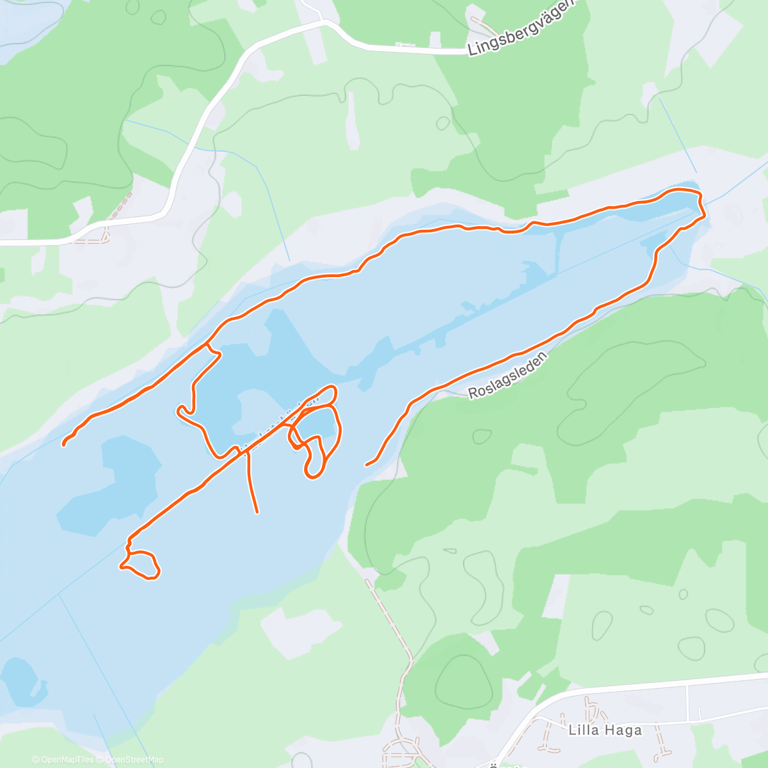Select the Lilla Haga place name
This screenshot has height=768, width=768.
(x=605, y=730)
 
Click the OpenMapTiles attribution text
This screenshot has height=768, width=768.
(x=67, y=760)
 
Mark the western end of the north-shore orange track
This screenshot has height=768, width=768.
(x=64, y=444)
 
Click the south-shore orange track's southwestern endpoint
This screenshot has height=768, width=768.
(x=367, y=465)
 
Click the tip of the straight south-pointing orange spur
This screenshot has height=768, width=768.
(x=257, y=511)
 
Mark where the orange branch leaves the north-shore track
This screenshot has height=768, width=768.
(x=207, y=344)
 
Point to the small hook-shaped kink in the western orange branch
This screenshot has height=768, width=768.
(x=184, y=410)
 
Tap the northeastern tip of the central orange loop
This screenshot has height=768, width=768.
(x=333, y=388)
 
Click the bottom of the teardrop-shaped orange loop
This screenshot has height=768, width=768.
(x=314, y=476)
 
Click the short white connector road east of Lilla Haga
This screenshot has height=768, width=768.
(x=688, y=701)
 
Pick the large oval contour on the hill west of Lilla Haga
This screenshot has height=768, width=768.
(x=461, y=685)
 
